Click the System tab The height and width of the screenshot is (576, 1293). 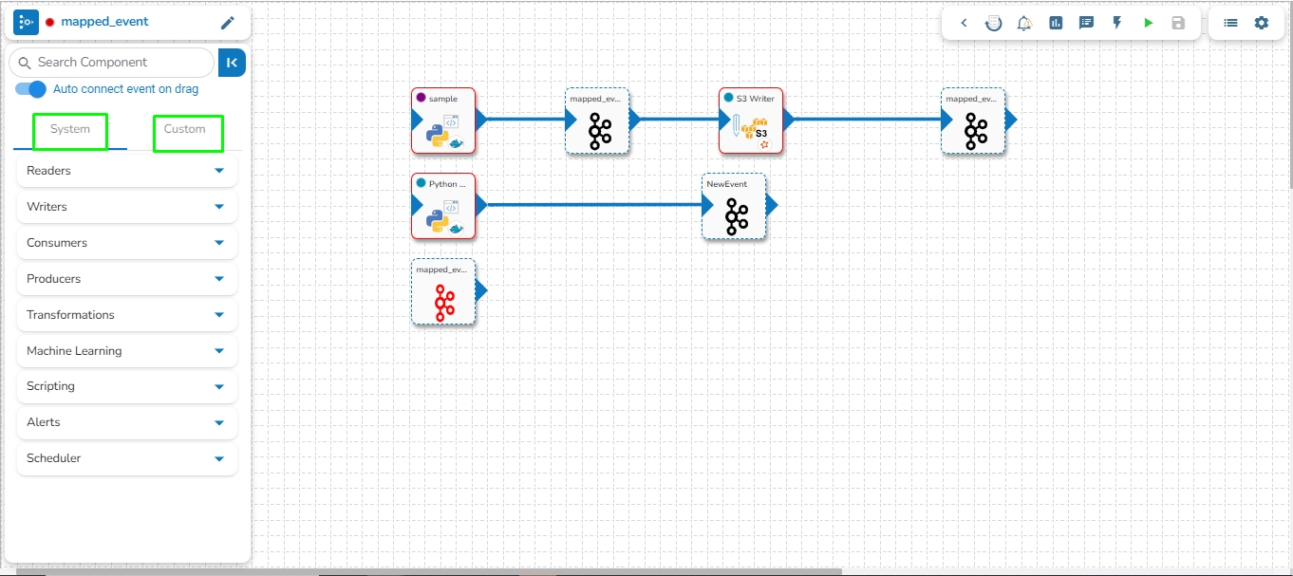(70, 130)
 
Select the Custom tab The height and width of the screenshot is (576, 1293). (185, 130)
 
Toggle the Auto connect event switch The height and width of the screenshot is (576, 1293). (31, 89)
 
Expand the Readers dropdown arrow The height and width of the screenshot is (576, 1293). (219, 171)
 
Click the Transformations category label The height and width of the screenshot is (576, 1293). (70, 315)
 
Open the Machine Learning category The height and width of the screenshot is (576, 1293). (74, 351)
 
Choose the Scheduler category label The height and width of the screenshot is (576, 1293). (54, 458)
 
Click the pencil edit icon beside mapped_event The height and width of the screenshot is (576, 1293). (227, 23)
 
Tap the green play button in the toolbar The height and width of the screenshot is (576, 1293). (1148, 23)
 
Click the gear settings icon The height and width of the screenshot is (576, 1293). (1261, 23)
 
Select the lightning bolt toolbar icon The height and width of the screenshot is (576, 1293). (1116, 23)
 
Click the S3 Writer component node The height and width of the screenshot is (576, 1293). (750, 121)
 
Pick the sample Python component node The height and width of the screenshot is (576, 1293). (443, 121)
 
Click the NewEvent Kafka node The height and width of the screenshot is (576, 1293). (734, 207)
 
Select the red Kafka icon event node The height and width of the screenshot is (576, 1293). (443, 293)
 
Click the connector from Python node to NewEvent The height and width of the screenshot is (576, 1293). (589, 205)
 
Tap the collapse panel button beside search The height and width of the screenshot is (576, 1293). (232, 63)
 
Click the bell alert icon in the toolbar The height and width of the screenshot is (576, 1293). (1024, 23)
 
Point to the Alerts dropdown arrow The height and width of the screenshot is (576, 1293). (219, 423)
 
